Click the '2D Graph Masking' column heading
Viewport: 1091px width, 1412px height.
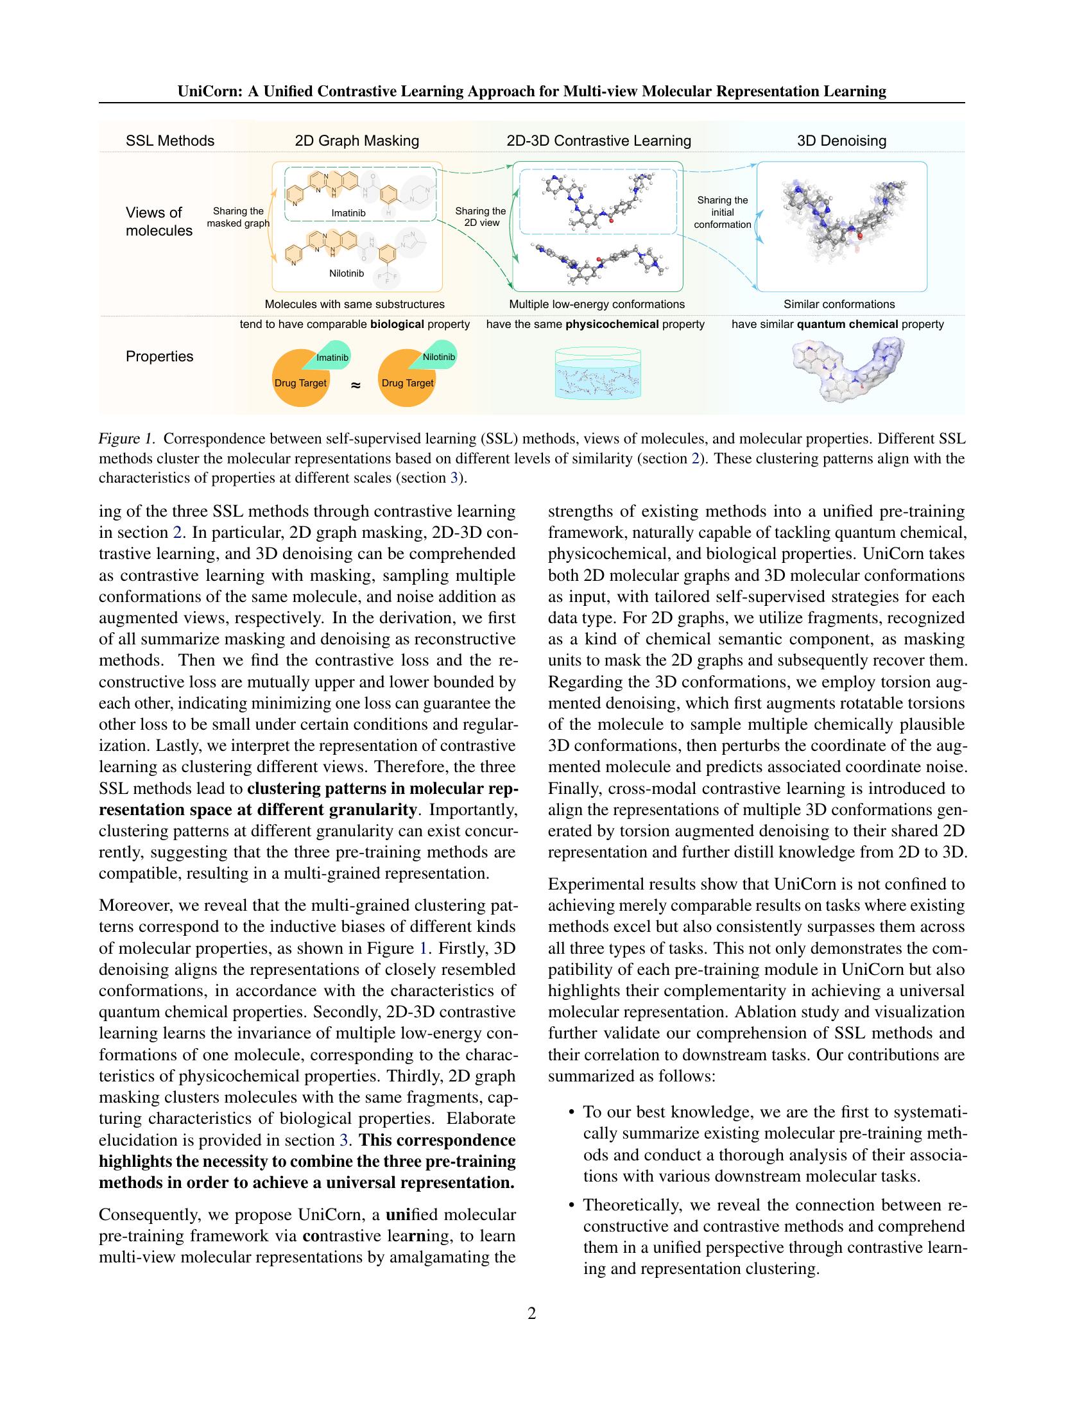357,141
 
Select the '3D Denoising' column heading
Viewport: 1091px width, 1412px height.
841,141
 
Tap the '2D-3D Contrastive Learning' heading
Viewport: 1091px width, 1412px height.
599,141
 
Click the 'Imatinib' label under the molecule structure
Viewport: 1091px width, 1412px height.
348,212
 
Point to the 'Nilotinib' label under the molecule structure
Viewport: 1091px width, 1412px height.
347,273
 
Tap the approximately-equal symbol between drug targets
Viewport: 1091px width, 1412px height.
355,384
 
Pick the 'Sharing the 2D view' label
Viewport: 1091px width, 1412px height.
480,216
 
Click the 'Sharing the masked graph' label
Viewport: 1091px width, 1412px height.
238,216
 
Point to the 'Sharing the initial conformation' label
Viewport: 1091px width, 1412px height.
722,212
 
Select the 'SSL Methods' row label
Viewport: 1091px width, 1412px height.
170,141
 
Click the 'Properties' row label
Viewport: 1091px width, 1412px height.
159,357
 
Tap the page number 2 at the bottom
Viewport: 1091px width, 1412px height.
531,1313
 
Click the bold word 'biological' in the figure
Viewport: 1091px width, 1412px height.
397,325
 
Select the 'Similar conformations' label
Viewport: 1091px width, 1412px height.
839,304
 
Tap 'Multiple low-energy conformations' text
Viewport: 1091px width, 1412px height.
597,304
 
